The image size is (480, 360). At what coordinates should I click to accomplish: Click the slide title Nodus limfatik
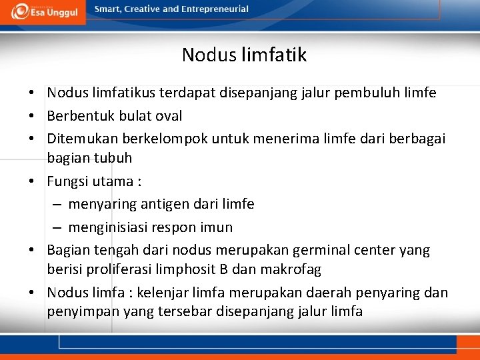point(244,55)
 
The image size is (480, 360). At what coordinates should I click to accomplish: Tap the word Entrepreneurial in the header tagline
point(213,9)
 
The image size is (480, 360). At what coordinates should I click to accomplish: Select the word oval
point(167,116)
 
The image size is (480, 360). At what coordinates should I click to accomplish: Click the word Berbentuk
point(81,116)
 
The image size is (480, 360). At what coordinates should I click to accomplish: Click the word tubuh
point(114,158)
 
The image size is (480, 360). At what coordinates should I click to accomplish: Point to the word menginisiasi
point(109,227)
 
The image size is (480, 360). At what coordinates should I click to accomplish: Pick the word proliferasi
point(119,270)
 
